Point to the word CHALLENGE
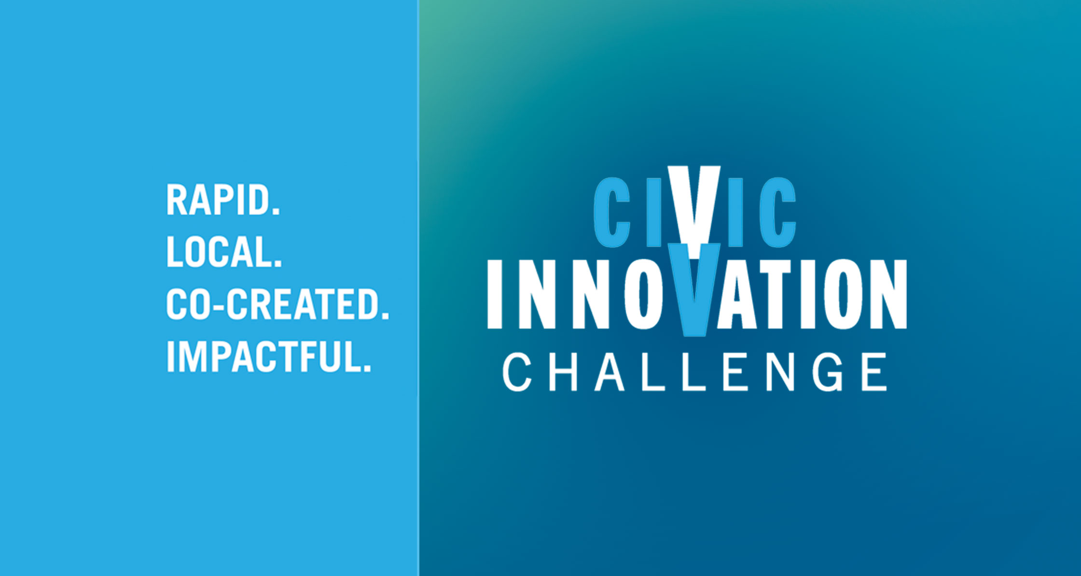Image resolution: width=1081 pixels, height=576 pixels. click(x=695, y=372)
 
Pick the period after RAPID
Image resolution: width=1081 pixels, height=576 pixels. click(x=276, y=212)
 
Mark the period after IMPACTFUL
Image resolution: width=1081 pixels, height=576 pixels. click(x=367, y=368)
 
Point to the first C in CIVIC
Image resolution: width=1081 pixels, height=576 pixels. click(x=611, y=213)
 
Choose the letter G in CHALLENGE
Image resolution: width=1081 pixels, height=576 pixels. click(x=829, y=372)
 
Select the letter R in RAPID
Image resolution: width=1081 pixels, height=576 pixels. click(x=177, y=200)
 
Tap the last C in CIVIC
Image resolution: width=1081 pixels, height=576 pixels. click(x=777, y=213)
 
